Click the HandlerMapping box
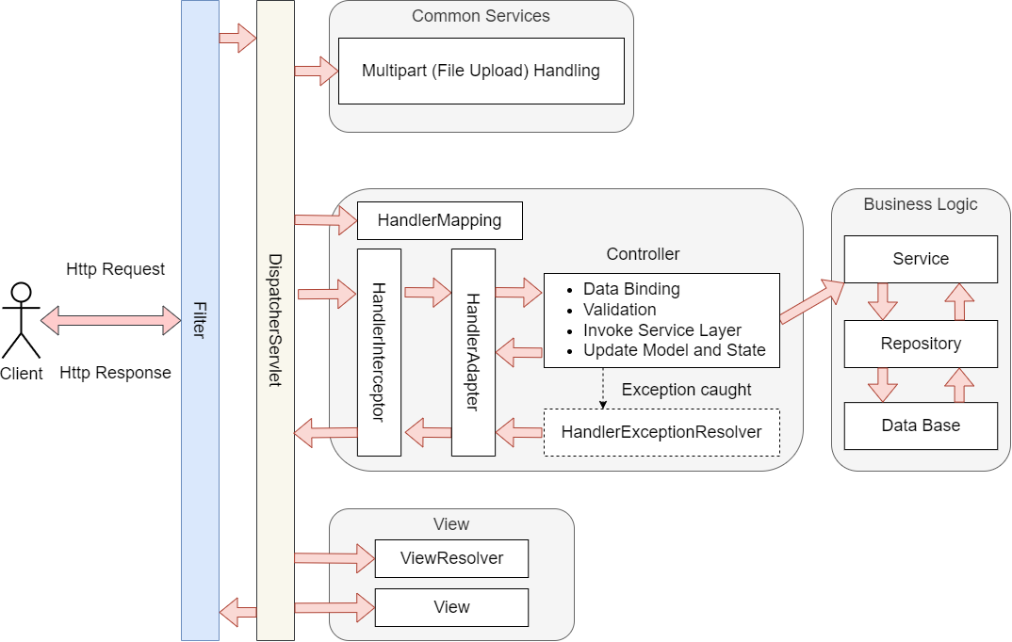[439, 220]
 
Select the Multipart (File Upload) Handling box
[482, 71]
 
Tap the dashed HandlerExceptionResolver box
[661, 432]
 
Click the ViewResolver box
[451, 558]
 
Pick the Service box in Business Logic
[921, 259]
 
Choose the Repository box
[921, 345]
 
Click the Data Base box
[921, 425]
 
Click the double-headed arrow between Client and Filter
[111, 320]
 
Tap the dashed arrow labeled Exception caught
[603, 388]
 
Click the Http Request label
[116, 269]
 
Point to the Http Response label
[116, 373]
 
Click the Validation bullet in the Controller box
[620, 310]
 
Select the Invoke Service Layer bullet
[662, 330]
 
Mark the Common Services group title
[481, 16]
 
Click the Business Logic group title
[921, 204]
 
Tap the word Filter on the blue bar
[200, 320]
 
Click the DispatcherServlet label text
[275, 320]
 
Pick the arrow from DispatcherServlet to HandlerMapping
[326, 220]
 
